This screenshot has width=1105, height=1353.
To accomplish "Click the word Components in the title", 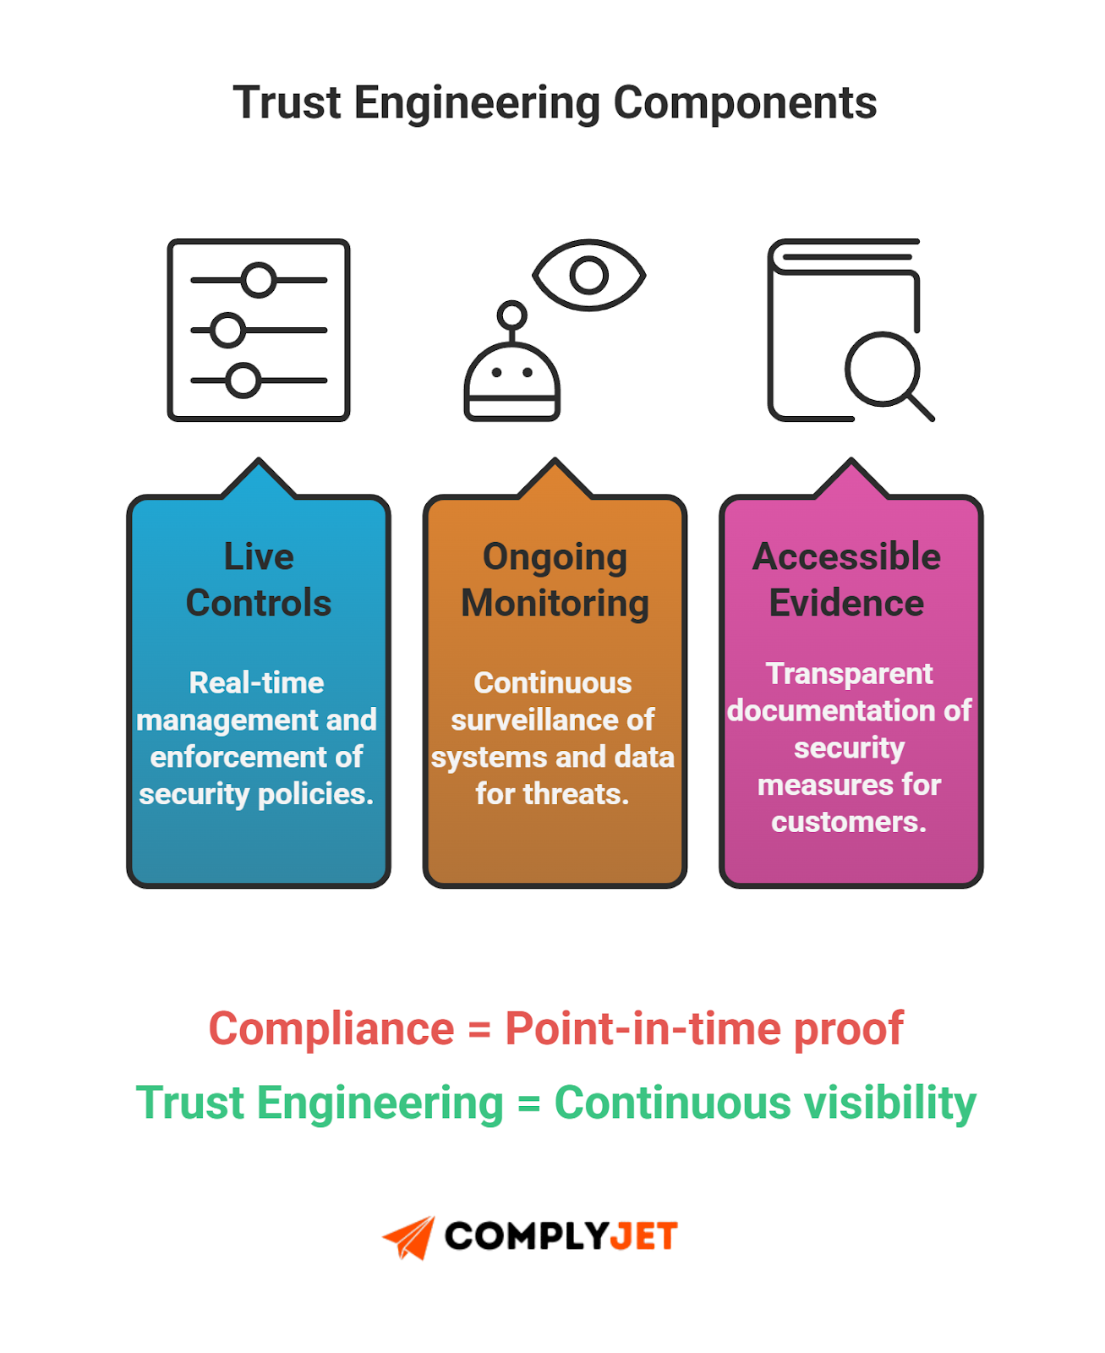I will click(x=744, y=103).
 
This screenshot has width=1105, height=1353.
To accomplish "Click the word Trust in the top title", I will click(x=287, y=103).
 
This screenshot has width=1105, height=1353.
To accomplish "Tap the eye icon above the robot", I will click(x=588, y=275).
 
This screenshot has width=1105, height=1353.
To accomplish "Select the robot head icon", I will click(x=511, y=381).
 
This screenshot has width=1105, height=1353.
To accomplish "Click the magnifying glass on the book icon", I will click(x=883, y=369).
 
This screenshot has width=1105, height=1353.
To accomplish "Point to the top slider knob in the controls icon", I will click(x=259, y=280).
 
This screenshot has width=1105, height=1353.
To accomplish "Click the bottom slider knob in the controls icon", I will click(x=243, y=381).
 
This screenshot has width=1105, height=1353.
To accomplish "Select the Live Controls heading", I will click(x=259, y=580).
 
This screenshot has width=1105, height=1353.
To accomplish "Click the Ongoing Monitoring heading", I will click(x=555, y=580).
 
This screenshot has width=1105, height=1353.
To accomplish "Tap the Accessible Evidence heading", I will click(x=847, y=580).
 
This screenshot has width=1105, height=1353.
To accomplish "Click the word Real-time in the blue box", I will click(x=256, y=682).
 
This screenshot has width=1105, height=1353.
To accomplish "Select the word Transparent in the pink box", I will click(x=849, y=673).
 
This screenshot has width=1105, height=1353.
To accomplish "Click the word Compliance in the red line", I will click(x=331, y=1029).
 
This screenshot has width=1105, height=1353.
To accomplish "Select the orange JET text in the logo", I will click(x=643, y=1237).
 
